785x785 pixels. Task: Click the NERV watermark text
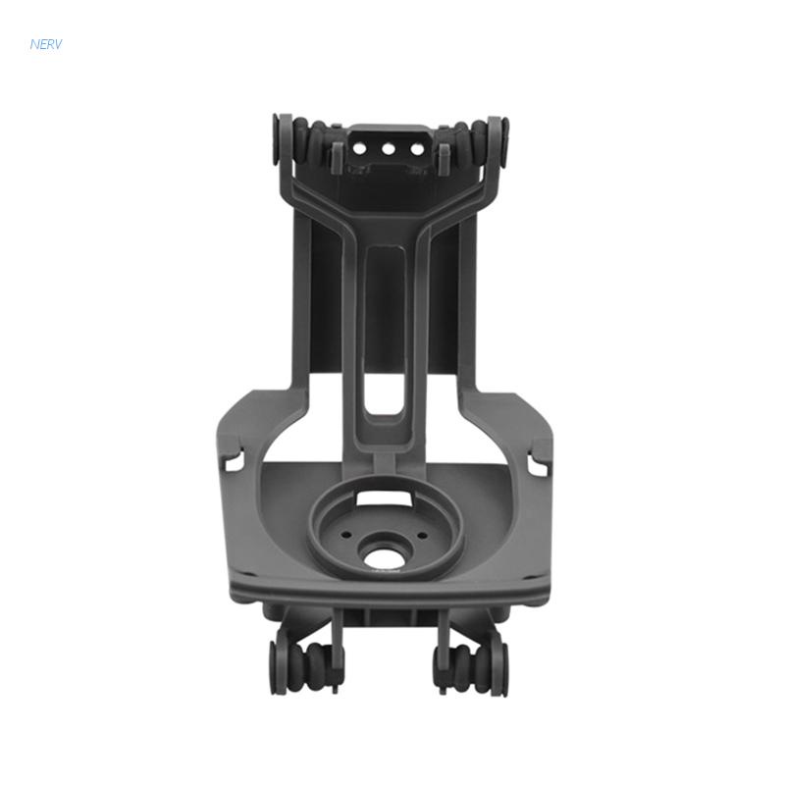(45, 44)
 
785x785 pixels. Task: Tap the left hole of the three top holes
(360, 149)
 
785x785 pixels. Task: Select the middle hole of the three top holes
(388, 149)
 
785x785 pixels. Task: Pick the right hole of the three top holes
(415, 149)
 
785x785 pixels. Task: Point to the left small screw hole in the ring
(345, 535)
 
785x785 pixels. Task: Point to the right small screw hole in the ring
(422, 535)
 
